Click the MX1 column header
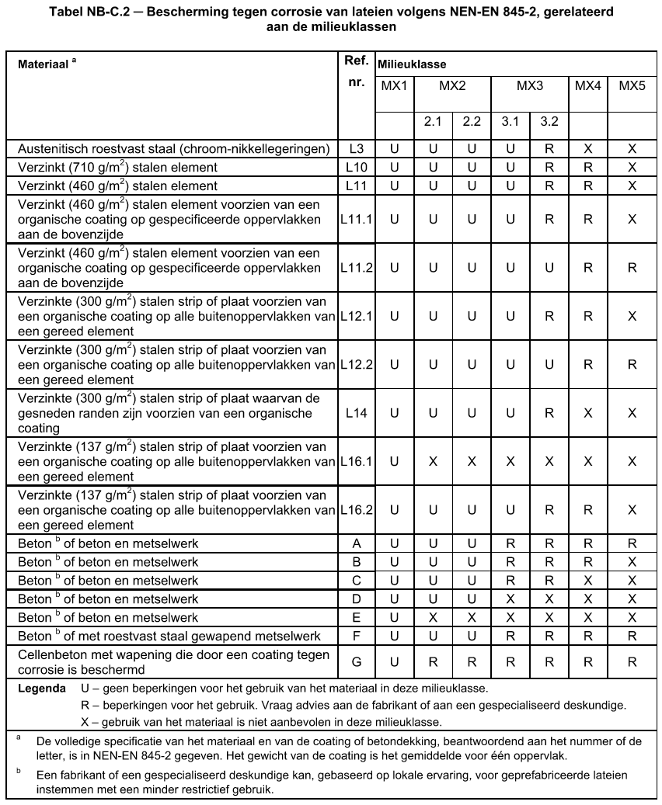pyautogui.click(x=394, y=85)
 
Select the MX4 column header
pyautogui.click(x=588, y=85)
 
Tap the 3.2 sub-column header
pyautogui.click(x=549, y=122)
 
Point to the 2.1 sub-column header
pyautogui.click(x=433, y=122)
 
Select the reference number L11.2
pyautogui.click(x=357, y=268)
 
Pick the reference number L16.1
pyautogui.click(x=357, y=461)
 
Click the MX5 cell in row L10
pyautogui.click(x=632, y=167)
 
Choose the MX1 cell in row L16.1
pyautogui.click(x=394, y=461)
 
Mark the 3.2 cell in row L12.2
pyautogui.click(x=549, y=364)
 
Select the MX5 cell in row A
pyautogui.click(x=632, y=543)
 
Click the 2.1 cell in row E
pyautogui.click(x=433, y=618)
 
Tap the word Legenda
pyautogui.click(x=42, y=689)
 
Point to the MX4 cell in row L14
pyautogui.click(x=588, y=413)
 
